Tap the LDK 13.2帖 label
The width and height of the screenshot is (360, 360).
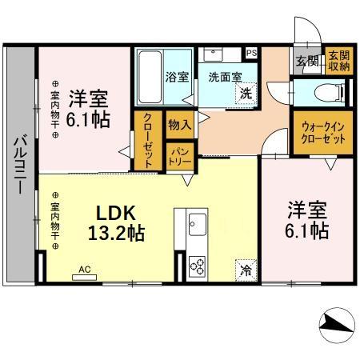point(121,223)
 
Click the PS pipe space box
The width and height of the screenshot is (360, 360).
point(251,54)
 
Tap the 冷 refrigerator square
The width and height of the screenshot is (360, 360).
point(246,270)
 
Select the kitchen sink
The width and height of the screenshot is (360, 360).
point(197,222)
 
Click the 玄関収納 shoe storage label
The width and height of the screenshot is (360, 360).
point(338,61)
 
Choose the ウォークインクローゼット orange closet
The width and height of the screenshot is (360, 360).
point(324,133)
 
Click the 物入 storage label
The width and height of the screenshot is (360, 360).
point(178,124)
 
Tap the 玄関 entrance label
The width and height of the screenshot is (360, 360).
point(306,61)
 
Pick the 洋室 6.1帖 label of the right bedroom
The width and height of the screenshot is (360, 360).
point(308,221)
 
